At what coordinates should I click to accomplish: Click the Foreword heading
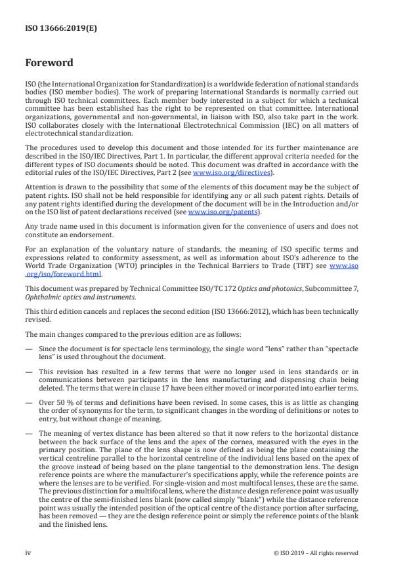[x=49, y=64]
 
